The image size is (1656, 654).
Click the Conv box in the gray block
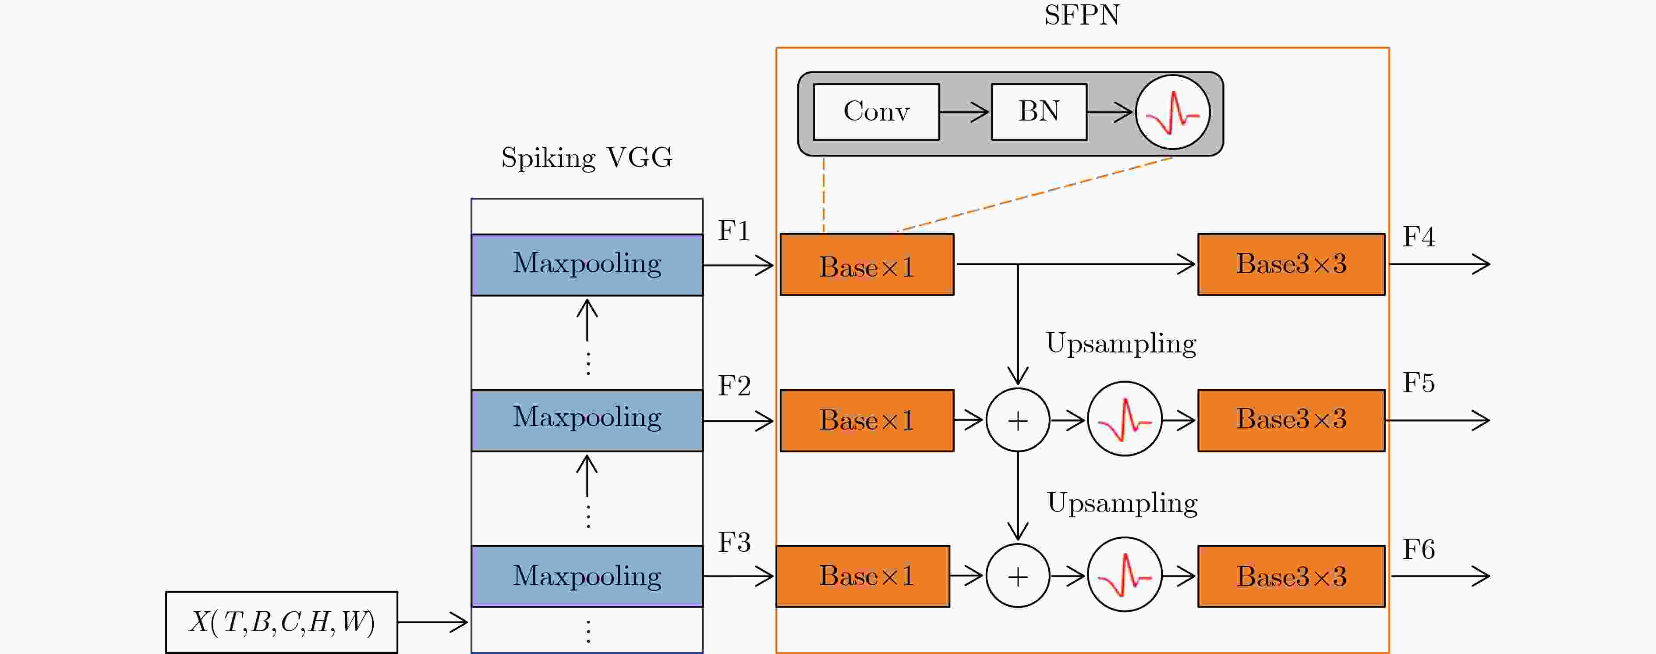pos(876,112)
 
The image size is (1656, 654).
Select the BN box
pos(1039,112)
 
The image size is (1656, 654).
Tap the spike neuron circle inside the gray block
pos(1173,113)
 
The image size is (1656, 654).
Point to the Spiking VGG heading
pos(586,157)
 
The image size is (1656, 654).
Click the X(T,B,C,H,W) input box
pos(282,622)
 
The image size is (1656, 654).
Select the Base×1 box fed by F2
pos(867,420)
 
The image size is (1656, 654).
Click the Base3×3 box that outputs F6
pos(1291,576)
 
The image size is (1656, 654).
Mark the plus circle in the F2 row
pos(1018,420)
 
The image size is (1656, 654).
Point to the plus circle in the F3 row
pos(1018,576)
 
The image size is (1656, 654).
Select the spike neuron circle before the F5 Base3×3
pos(1124,419)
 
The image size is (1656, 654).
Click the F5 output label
pos(1418,383)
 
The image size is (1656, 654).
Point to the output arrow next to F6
pos(1440,576)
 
